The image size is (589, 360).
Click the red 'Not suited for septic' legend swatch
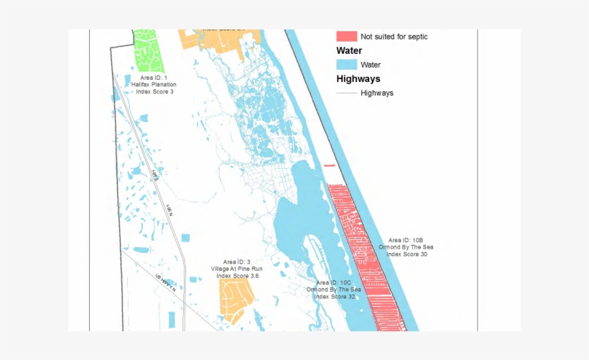pos(346,36)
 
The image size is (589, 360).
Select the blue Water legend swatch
pos(346,65)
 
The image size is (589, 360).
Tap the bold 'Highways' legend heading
pos(358,79)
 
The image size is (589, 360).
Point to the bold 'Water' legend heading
pos(349,51)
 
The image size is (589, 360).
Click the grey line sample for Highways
pos(346,93)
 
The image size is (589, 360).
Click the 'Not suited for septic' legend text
pos(394,36)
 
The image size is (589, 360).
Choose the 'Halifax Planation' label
pos(154,85)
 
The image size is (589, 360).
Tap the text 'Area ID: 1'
pos(154,78)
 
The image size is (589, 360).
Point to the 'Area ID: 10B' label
pos(406,240)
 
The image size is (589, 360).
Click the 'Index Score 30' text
pos(407,254)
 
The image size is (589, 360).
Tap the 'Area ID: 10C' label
pos(334,283)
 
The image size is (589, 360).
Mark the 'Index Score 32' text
pos(334,297)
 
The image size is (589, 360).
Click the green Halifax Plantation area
pos(148,50)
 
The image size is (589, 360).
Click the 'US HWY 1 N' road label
pos(166,282)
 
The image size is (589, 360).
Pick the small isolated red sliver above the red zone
pos(330,166)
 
